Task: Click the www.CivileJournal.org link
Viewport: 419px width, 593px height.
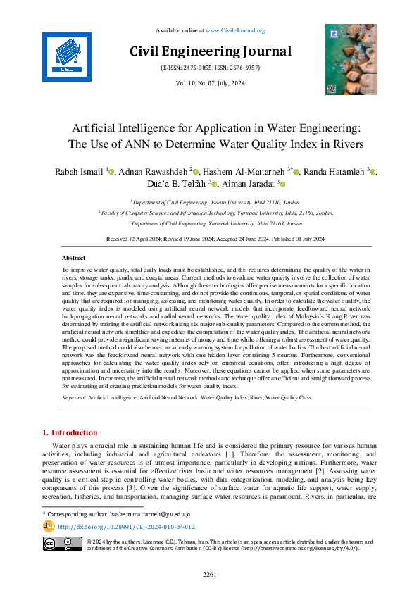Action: (235, 30)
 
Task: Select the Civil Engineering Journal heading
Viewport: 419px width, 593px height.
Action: (210, 51)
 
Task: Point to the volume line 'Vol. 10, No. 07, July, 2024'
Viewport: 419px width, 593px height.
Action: (210, 83)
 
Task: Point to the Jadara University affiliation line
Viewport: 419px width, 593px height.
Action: (209, 201)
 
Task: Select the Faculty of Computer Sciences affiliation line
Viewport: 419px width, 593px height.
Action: (209, 211)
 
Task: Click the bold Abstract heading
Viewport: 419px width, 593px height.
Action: (74, 258)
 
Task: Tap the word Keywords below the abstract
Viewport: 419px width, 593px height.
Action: (73, 398)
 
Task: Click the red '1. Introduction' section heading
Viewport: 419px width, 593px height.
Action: (71, 432)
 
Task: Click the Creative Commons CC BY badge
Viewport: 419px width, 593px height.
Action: (62, 544)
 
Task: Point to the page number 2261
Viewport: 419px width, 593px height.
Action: (210, 574)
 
